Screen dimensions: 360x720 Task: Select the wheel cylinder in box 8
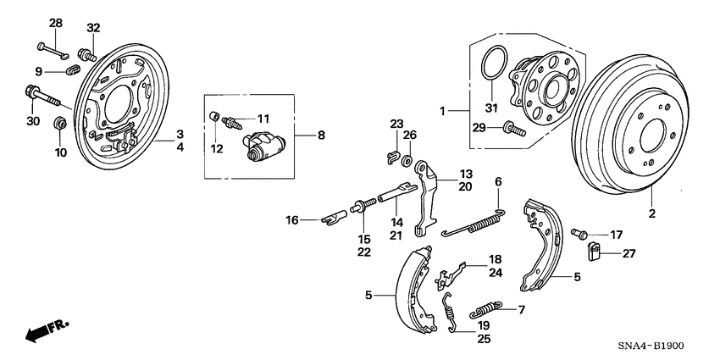click(263, 143)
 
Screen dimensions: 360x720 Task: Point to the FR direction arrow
click(47, 331)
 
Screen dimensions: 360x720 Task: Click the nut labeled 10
click(60, 125)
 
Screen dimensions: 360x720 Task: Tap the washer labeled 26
click(407, 159)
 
